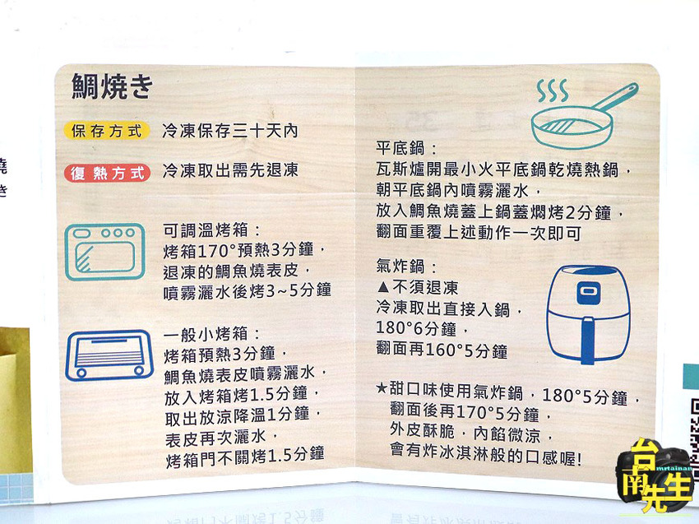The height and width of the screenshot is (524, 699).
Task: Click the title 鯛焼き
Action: pos(112,86)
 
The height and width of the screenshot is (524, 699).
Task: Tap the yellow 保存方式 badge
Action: pos(106,131)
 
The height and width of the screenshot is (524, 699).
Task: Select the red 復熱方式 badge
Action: pos(107,173)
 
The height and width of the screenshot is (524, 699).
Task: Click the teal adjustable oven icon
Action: pos(105,252)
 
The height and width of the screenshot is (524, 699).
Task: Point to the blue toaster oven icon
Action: pos(109,355)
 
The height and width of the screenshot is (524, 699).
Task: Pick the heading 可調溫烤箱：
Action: pos(211,230)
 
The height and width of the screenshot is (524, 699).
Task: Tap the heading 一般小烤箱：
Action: pos(211,334)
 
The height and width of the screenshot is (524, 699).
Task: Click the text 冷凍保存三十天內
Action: pos(230,131)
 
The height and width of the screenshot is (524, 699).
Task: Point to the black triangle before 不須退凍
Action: pos(383,286)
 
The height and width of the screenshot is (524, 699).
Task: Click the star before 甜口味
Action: pos(382,388)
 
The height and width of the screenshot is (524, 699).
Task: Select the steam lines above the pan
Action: pos(553,90)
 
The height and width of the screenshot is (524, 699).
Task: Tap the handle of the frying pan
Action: pos(615,96)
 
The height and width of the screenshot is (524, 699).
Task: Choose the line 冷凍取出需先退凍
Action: pos(230,170)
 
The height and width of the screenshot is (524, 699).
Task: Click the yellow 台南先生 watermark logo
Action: pos(656,475)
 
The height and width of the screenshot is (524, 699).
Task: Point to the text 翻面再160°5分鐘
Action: pos(442,350)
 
